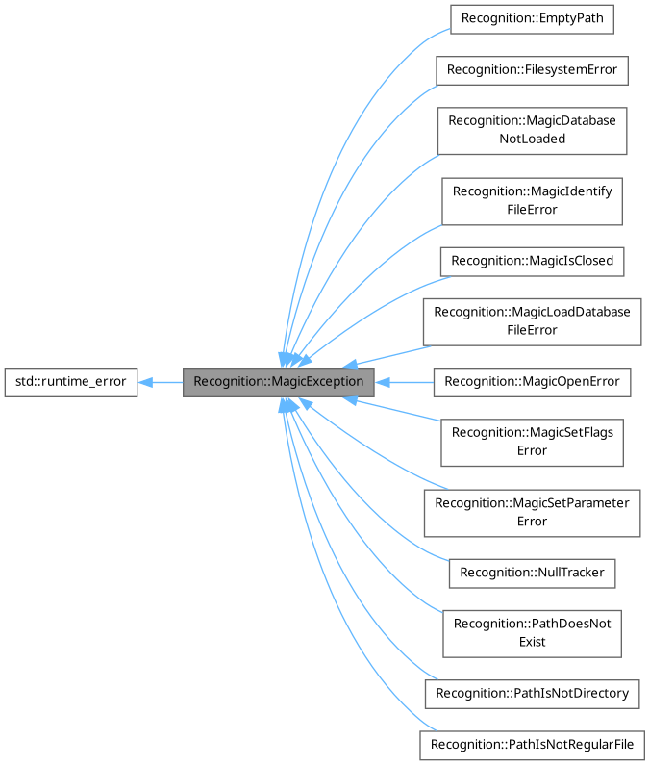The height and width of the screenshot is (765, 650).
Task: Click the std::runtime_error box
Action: pyautogui.click(x=70, y=382)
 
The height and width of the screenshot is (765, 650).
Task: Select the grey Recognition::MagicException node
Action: pyautogui.click(x=278, y=382)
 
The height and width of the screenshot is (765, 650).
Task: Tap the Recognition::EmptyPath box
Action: pyautogui.click(x=532, y=18)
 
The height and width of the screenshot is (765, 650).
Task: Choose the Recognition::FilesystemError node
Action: pyautogui.click(x=532, y=70)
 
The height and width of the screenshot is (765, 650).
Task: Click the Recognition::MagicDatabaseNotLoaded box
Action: pyautogui.click(x=532, y=130)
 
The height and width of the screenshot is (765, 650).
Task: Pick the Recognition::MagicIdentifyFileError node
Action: pyautogui.click(x=532, y=200)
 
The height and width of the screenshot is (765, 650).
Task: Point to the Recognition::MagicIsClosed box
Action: pyautogui.click(x=532, y=261)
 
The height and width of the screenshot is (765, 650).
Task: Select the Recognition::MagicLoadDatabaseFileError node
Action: pyautogui.click(x=532, y=321)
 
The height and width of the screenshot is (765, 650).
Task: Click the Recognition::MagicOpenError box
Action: pyautogui.click(x=532, y=382)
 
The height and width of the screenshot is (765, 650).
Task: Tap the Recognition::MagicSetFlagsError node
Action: pyautogui.click(x=532, y=442)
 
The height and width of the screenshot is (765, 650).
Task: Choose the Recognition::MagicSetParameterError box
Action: pyautogui.click(x=532, y=512)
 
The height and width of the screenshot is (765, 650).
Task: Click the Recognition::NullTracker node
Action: pyautogui.click(x=532, y=573)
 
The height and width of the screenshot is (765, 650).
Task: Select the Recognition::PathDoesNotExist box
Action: pyautogui.click(x=532, y=632)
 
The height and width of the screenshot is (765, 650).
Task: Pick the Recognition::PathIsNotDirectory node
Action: pyautogui.click(x=532, y=693)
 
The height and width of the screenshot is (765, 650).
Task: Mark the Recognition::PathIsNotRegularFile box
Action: pyautogui.click(x=532, y=745)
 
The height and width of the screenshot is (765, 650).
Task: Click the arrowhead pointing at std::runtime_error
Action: pyautogui.click(x=145, y=382)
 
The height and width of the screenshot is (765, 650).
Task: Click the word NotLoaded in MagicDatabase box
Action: pyautogui.click(x=532, y=139)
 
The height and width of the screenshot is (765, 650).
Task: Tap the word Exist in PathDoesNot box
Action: pyautogui.click(x=532, y=642)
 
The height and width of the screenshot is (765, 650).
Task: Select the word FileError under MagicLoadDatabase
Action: pyautogui.click(x=532, y=330)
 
